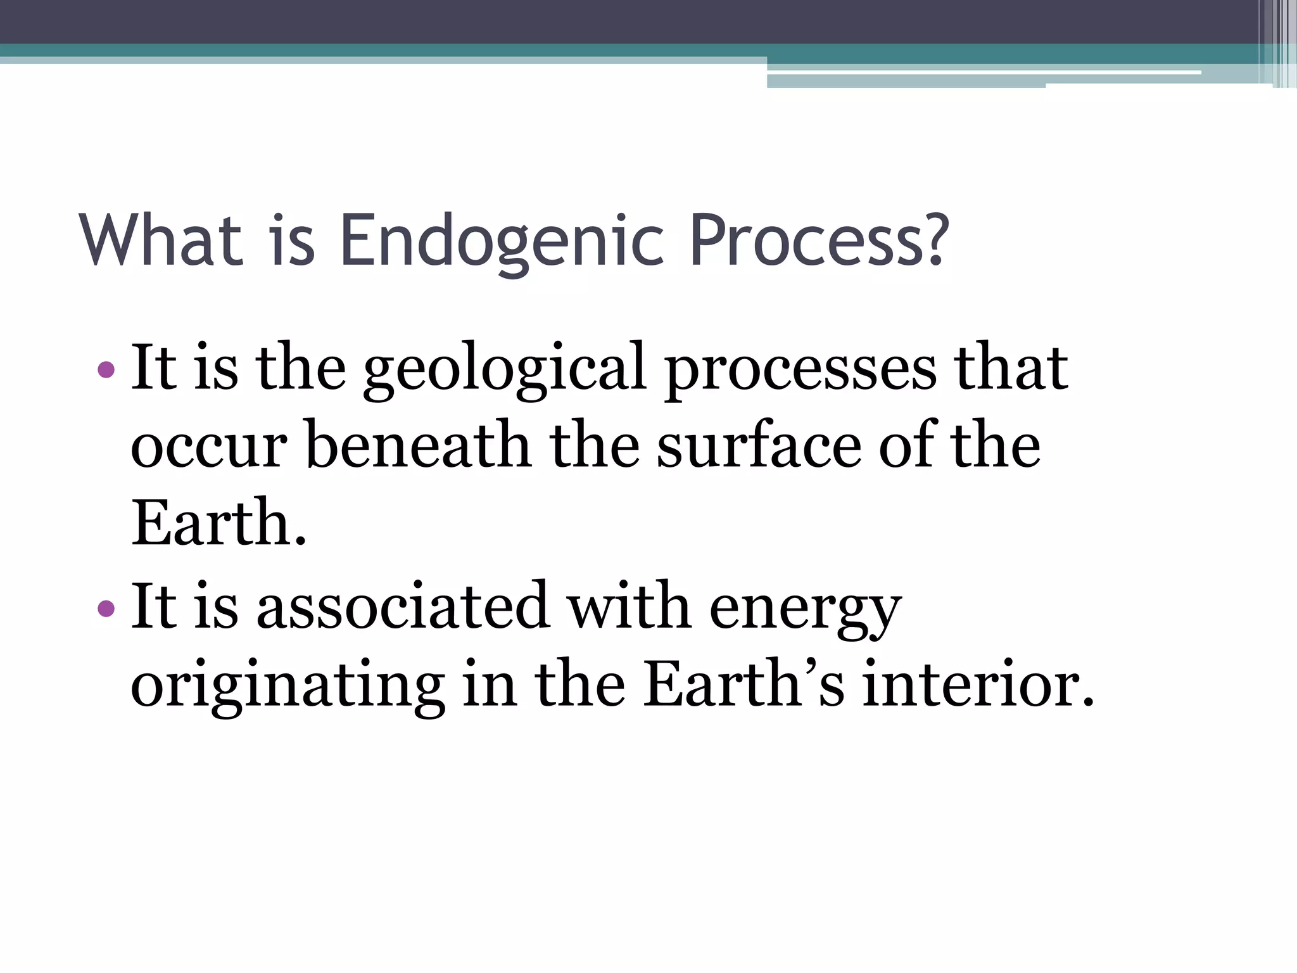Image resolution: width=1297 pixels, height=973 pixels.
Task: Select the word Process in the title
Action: click(x=806, y=241)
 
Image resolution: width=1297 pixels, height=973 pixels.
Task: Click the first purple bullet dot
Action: click(x=106, y=369)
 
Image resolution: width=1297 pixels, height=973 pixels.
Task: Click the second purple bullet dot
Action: click(x=106, y=609)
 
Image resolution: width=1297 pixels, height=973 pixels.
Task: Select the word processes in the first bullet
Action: click(x=800, y=369)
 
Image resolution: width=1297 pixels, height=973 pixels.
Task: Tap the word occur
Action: click(x=209, y=447)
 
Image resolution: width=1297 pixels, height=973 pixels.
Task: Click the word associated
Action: click(x=402, y=607)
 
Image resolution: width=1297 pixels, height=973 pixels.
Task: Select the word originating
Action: click(x=288, y=686)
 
